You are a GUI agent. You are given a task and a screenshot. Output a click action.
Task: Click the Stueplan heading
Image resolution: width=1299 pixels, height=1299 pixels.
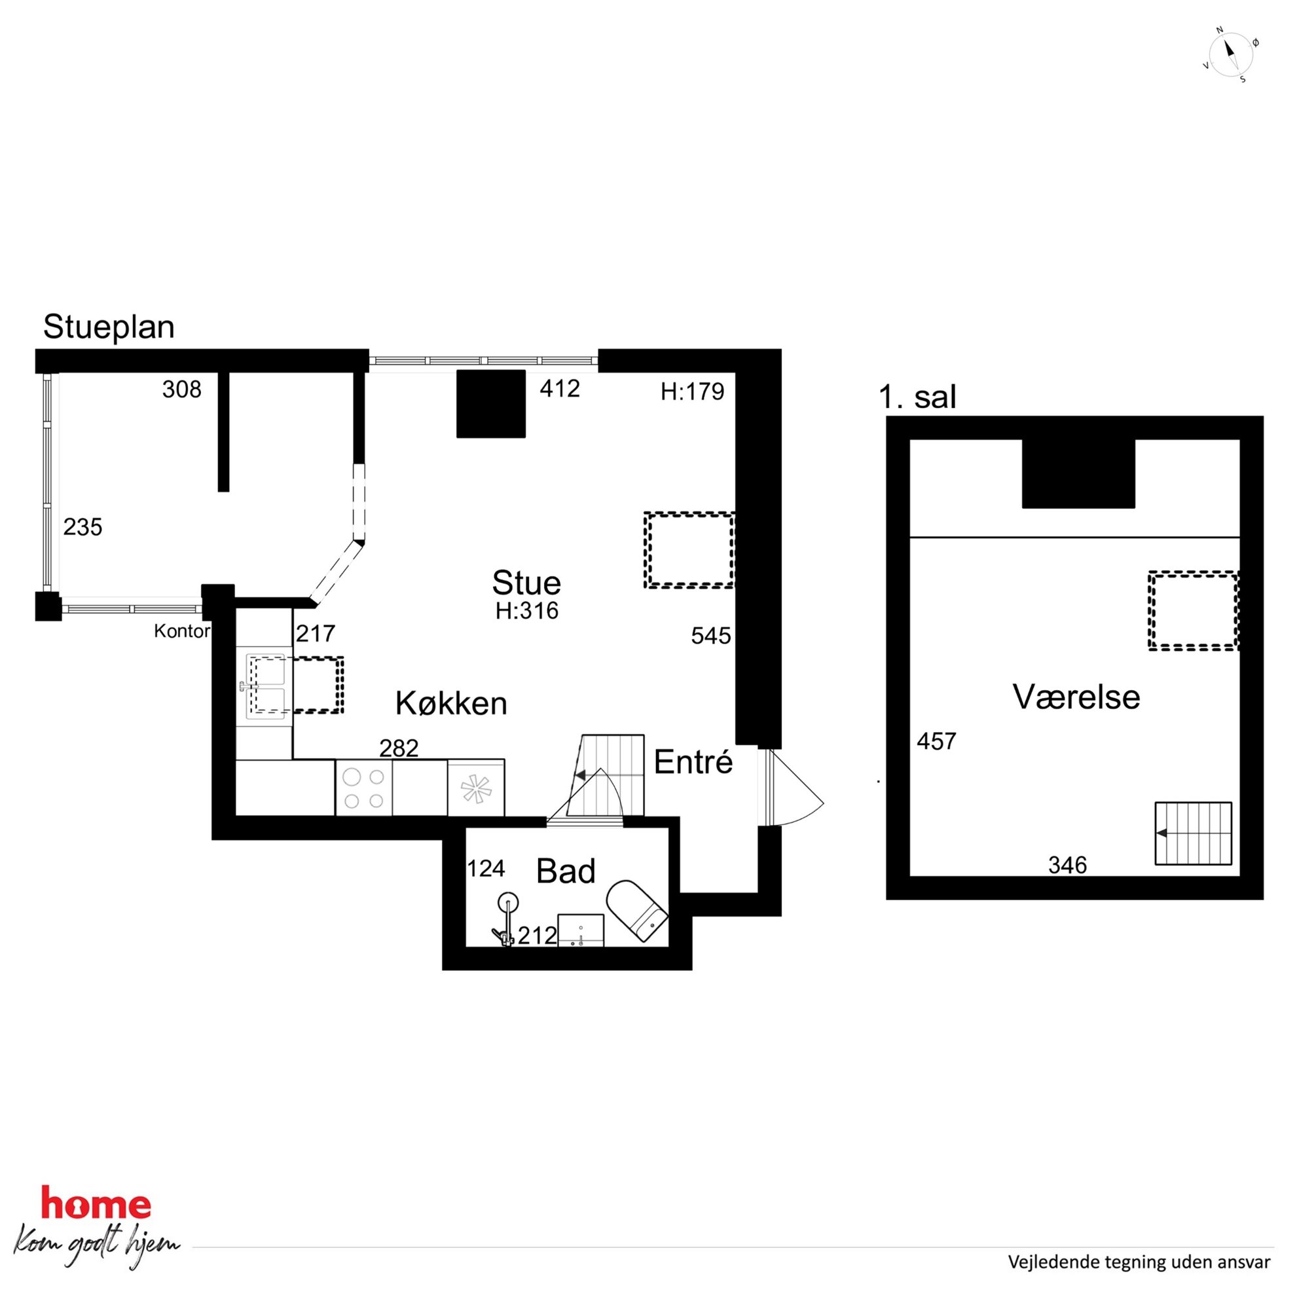pyautogui.click(x=109, y=327)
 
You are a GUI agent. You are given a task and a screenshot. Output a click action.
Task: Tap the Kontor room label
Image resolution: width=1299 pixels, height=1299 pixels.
pyautogui.click(x=181, y=631)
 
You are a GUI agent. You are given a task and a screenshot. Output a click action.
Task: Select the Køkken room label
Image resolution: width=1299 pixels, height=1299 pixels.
pyautogui.click(x=450, y=703)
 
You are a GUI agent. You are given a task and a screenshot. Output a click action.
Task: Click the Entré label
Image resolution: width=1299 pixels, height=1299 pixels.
pyautogui.click(x=693, y=761)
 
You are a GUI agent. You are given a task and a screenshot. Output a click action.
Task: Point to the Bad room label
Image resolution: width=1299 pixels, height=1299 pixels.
pyautogui.click(x=566, y=871)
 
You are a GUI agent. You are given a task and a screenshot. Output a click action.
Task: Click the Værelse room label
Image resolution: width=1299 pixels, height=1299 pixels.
pyautogui.click(x=1076, y=697)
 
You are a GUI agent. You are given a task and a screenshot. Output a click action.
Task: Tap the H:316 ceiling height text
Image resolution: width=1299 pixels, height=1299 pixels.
pyautogui.click(x=527, y=610)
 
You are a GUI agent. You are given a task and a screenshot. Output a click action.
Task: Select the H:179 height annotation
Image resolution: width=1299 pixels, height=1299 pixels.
pyautogui.click(x=693, y=392)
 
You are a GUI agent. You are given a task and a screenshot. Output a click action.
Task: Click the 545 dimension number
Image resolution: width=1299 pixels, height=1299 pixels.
pyautogui.click(x=710, y=635)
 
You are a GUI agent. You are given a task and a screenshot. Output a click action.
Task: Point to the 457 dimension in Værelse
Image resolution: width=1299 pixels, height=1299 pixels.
pyautogui.click(x=936, y=741)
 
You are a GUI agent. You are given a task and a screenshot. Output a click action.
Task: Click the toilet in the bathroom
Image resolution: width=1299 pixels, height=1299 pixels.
pyautogui.click(x=636, y=911)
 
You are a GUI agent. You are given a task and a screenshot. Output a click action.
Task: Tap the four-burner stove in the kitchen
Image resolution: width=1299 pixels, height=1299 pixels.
pyautogui.click(x=364, y=788)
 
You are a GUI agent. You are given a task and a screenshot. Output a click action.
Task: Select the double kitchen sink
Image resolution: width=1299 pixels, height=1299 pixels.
pyautogui.click(x=265, y=686)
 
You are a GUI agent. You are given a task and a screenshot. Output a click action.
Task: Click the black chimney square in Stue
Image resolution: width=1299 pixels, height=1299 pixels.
pyautogui.click(x=491, y=403)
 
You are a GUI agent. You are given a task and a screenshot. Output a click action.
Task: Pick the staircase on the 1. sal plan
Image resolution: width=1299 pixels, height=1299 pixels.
pyautogui.click(x=1194, y=833)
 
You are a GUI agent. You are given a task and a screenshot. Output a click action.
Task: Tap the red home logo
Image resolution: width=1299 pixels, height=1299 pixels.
pyautogui.click(x=96, y=1203)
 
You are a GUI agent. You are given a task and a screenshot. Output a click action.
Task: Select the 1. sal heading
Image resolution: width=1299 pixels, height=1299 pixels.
pyautogui.click(x=917, y=397)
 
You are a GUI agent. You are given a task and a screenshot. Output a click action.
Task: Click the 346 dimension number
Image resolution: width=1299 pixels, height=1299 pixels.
pyautogui.click(x=1067, y=865)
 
